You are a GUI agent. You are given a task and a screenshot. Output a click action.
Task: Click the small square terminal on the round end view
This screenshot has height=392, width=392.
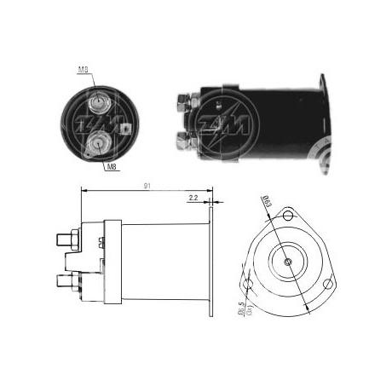tap(124, 129)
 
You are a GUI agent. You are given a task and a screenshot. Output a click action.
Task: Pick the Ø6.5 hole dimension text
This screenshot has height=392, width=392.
tap(246, 304)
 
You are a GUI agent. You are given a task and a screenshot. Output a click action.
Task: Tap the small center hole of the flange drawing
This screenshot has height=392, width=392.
tap(288, 262)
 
